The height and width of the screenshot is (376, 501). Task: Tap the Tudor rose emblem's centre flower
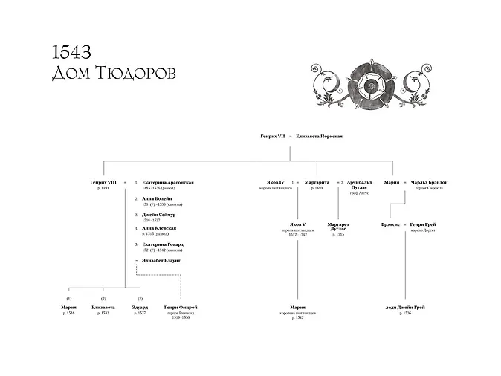point(369,85)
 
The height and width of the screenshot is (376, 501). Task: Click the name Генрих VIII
point(103,182)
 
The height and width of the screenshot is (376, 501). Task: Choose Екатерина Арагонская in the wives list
point(168,182)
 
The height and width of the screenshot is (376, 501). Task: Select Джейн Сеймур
point(160,215)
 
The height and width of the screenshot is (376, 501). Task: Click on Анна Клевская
point(159,227)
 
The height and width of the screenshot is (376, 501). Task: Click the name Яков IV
point(275,182)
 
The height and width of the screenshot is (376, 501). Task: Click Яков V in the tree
point(297,224)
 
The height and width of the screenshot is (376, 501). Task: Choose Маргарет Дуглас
point(339,227)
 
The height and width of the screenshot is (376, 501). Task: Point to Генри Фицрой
point(181,307)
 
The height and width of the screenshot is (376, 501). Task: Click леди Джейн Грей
point(405,307)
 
